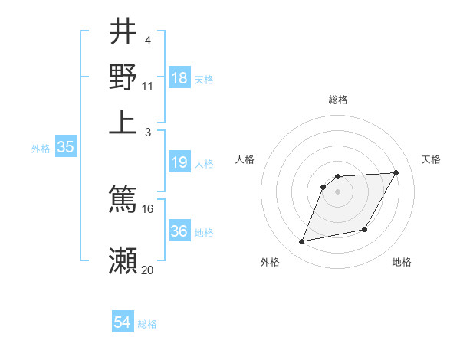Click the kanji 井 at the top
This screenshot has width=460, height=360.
pyautogui.click(x=123, y=31)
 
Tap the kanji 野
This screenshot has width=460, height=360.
pyautogui.click(x=123, y=77)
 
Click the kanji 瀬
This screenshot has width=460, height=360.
pyautogui.click(x=123, y=261)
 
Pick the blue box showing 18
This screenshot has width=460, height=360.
pyautogui.click(x=179, y=78)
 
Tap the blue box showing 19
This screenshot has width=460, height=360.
pyautogui.click(x=179, y=162)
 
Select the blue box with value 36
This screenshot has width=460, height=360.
pyautogui.click(x=179, y=231)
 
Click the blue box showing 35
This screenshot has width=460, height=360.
pyautogui.click(x=66, y=148)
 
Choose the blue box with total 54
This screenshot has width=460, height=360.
pyautogui.click(x=123, y=322)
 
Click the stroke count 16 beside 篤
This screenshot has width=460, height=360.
pyautogui.click(x=148, y=208)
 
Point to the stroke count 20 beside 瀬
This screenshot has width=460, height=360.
pyautogui.click(x=148, y=270)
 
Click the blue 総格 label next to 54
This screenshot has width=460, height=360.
pyautogui.click(x=147, y=324)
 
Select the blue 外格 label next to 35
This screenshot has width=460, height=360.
pyautogui.click(x=41, y=149)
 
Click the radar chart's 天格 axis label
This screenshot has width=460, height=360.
pyautogui.click(x=431, y=159)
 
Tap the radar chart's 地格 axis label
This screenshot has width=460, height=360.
pyautogui.click(x=402, y=262)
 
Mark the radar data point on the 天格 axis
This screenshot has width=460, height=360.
pyautogui.click(x=396, y=172)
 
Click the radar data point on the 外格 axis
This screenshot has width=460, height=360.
pyautogui.click(x=302, y=242)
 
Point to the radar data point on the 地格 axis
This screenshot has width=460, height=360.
pyautogui.click(x=365, y=230)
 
